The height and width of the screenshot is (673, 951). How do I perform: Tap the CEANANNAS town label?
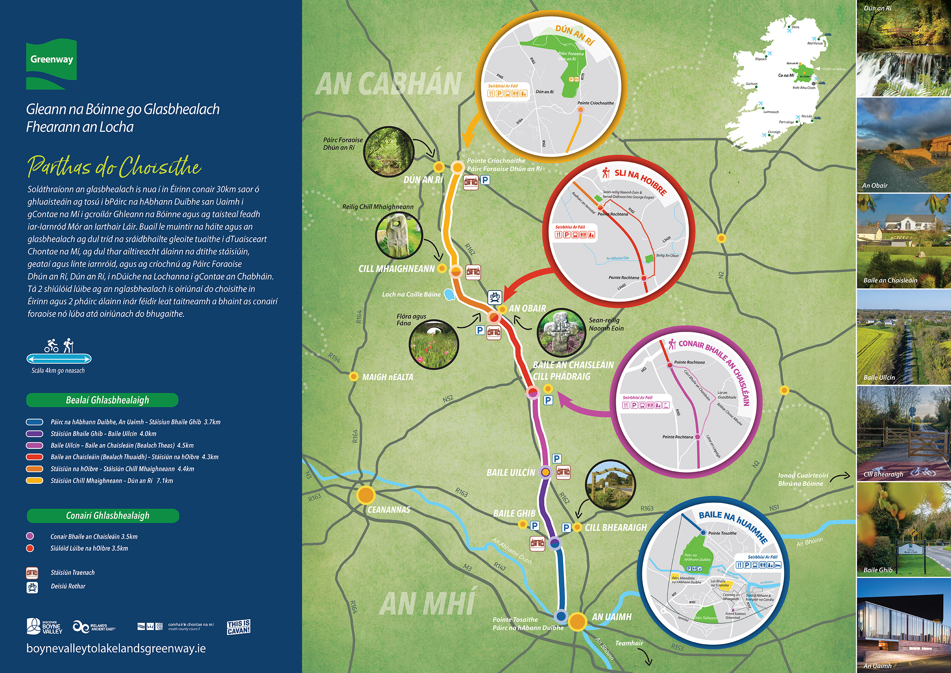(389, 510)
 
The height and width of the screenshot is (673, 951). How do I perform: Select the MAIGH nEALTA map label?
(387, 377)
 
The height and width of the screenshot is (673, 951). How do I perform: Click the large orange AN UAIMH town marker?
(577, 621)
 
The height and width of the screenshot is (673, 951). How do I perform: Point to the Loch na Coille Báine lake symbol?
(448, 294)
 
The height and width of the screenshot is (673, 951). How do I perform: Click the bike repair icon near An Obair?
(495, 297)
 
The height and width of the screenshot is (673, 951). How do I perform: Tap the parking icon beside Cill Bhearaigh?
(566, 528)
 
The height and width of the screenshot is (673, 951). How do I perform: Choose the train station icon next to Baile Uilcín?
(563, 472)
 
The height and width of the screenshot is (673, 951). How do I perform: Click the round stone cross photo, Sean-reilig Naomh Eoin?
(561, 333)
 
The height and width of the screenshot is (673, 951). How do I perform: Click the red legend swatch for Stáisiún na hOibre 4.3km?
(35, 457)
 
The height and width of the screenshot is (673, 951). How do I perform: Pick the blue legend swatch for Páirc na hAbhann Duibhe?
(35, 422)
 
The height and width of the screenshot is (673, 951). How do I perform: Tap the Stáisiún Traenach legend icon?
(32, 573)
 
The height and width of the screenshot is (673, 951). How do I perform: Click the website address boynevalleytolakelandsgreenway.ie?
(116, 648)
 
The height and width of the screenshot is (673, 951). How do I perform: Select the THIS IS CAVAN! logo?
(239, 627)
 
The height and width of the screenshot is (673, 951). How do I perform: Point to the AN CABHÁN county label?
(389, 84)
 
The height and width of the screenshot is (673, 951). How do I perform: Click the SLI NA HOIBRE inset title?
(640, 181)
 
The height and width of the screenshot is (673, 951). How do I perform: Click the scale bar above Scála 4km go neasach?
(59, 358)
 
